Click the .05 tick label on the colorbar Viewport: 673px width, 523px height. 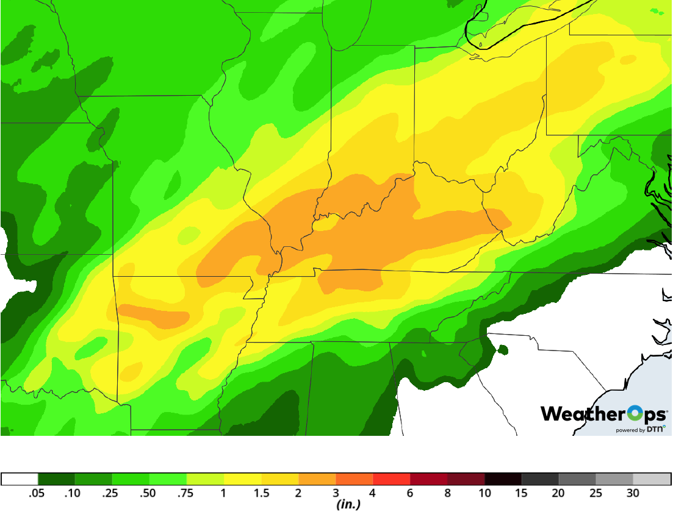(37, 494)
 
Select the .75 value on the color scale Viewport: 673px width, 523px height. (185, 494)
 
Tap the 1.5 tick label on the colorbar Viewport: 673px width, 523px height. (261, 494)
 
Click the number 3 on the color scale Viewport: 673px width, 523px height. (336, 494)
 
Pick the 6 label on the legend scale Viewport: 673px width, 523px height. (410, 494)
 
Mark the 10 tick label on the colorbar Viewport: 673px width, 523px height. (484, 494)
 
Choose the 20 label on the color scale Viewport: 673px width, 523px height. (558, 494)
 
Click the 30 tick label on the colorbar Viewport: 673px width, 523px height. (633, 494)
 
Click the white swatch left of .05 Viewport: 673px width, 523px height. (20, 479)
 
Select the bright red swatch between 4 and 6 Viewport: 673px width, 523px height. (391, 479)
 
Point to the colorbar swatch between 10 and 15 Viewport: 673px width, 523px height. (503, 479)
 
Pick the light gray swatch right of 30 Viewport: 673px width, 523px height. (652, 479)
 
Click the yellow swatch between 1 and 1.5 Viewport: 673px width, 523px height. (242, 479)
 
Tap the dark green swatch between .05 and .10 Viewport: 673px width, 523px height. (56, 479)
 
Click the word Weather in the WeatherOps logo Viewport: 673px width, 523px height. (579, 414)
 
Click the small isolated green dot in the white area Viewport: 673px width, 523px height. (502, 349)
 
